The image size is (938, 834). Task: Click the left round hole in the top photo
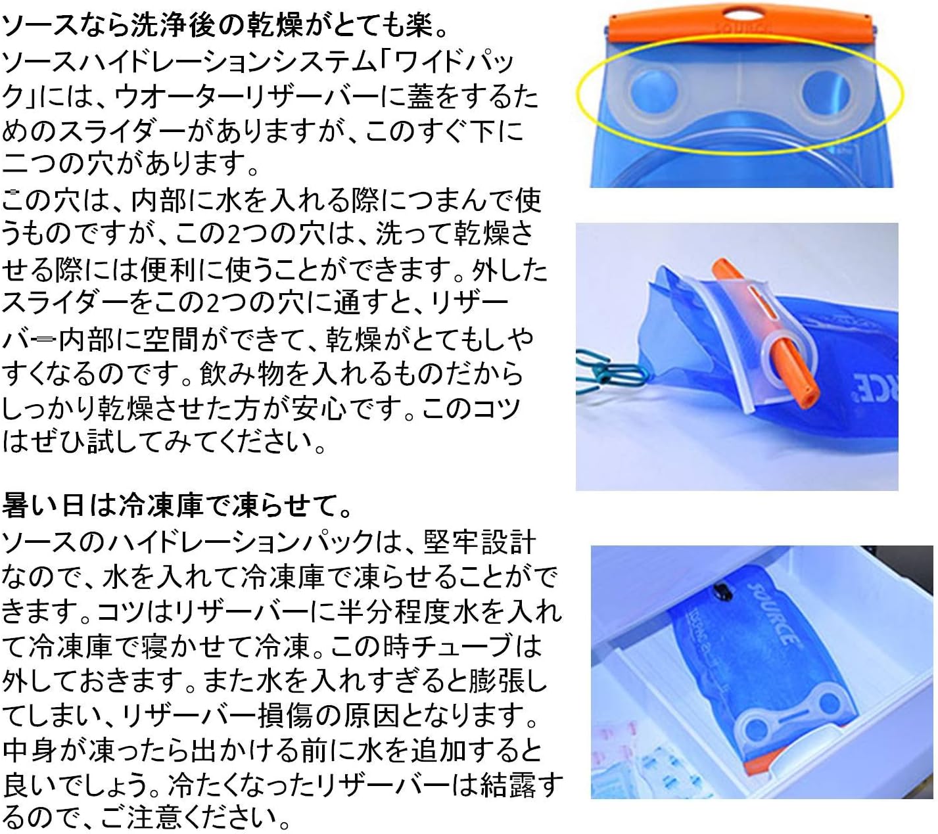coord(654,92)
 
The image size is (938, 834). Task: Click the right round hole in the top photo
coord(826,92)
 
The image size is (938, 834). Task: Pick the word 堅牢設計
coord(480,542)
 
